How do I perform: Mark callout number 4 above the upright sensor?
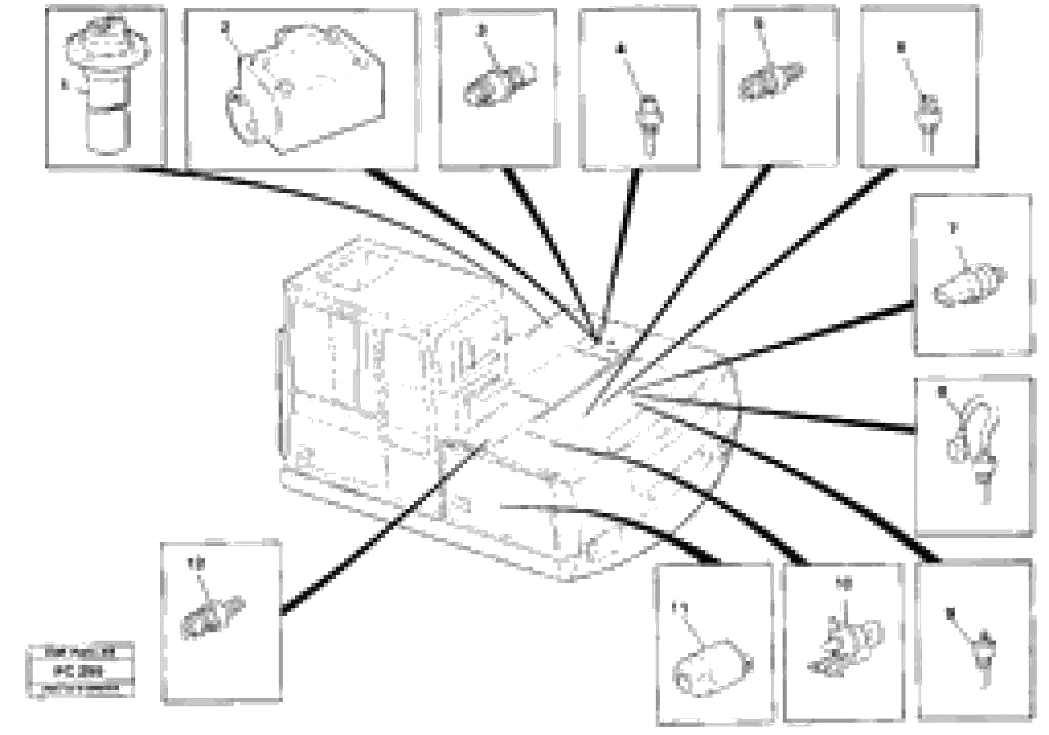tap(620, 48)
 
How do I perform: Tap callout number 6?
tap(901, 47)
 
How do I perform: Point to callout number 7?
tap(953, 227)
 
